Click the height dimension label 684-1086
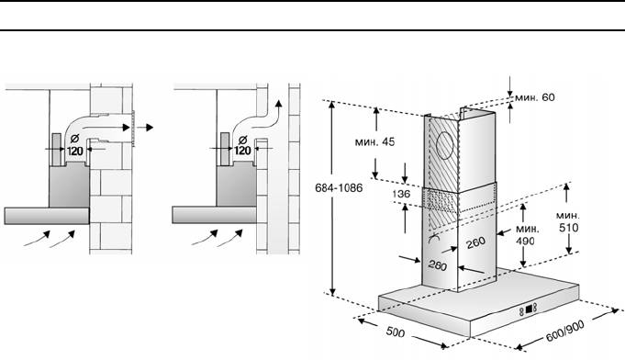339,187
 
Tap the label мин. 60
534,97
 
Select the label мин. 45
374,141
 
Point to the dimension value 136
401,194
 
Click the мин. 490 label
527,235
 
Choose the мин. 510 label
568,221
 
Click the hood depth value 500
395,332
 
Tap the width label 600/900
564,331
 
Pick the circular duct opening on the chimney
446,145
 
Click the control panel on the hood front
529,309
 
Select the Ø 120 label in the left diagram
74,145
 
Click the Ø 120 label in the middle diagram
242,145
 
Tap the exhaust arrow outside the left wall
145,128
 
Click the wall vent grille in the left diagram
133,129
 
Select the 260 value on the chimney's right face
475,242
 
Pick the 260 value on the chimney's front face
437,265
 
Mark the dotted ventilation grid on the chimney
441,200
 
